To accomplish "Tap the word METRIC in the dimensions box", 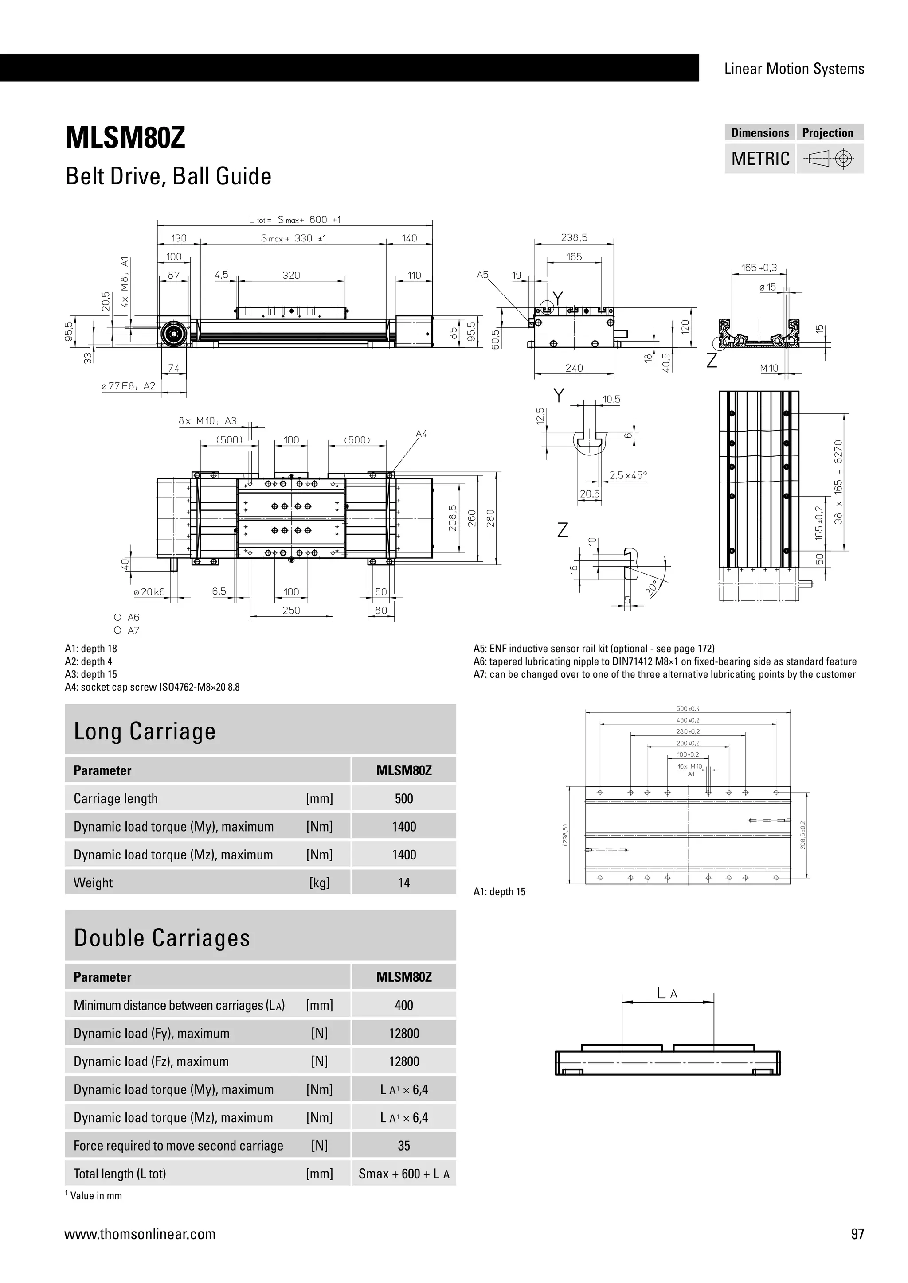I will click(x=760, y=159).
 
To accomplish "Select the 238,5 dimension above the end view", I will click(x=574, y=238).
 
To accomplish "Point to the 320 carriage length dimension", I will click(x=291, y=276).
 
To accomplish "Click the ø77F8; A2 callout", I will click(x=128, y=386).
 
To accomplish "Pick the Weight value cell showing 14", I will click(x=404, y=883).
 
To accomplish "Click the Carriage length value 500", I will click(x=404, y=798).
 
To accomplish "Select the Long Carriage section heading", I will click(x=145, y=731).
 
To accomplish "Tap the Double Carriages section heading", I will click(x=162, y=938).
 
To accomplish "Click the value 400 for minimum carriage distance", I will click(x=404, y=1005).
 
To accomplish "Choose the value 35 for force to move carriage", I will click(x=404, y=1146).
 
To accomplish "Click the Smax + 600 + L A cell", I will click(x=404, y=1174).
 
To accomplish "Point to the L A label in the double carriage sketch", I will click(x=668, y=994).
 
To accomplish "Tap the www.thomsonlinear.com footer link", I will click(x=140, y=1234).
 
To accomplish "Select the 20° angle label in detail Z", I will click(x=651, y=588).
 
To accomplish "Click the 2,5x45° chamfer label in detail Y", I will click(x=628, y=475).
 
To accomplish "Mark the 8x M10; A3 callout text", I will click(x=208, y=421).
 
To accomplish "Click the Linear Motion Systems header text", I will click(x=794, y=69).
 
